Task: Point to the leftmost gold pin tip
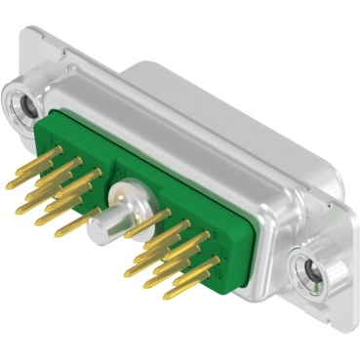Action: pyautogui.click(x=11, y=184)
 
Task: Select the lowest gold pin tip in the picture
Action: pyautogui.click(x=177, y=292)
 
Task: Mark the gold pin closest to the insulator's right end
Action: pyautogui.click(x=210, y=263)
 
